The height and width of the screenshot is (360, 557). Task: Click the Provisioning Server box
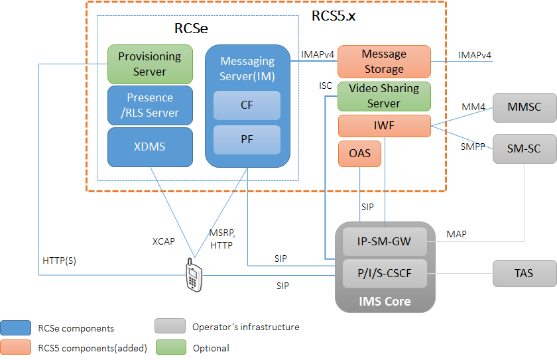(x=149, y=64)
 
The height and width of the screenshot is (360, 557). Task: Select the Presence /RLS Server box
(x=149, y=105)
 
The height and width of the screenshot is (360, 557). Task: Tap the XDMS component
(x=149, y=147)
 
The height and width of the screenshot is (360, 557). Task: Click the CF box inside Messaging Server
(x=247, y=105)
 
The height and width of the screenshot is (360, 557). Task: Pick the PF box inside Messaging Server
(x=247, y=139)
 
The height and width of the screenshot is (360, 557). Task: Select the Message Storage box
(x=384, y=62)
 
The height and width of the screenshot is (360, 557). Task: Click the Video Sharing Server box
(x=384, y=96)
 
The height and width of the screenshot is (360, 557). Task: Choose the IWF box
(x=384, y=126)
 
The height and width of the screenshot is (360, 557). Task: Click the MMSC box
(x=525, y=107)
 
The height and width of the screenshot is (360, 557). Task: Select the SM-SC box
(x=525, y=149)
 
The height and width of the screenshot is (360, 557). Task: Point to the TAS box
(x=525, y=273)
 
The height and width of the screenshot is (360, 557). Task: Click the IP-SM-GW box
(x=385, y=243)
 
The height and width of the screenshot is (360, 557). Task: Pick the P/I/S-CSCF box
(x=385, y=273)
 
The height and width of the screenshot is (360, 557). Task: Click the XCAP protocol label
(x=164, y=241)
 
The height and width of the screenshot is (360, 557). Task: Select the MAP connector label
(x=456, y=235)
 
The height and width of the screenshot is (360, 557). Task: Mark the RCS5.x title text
(x=333, y=16)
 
